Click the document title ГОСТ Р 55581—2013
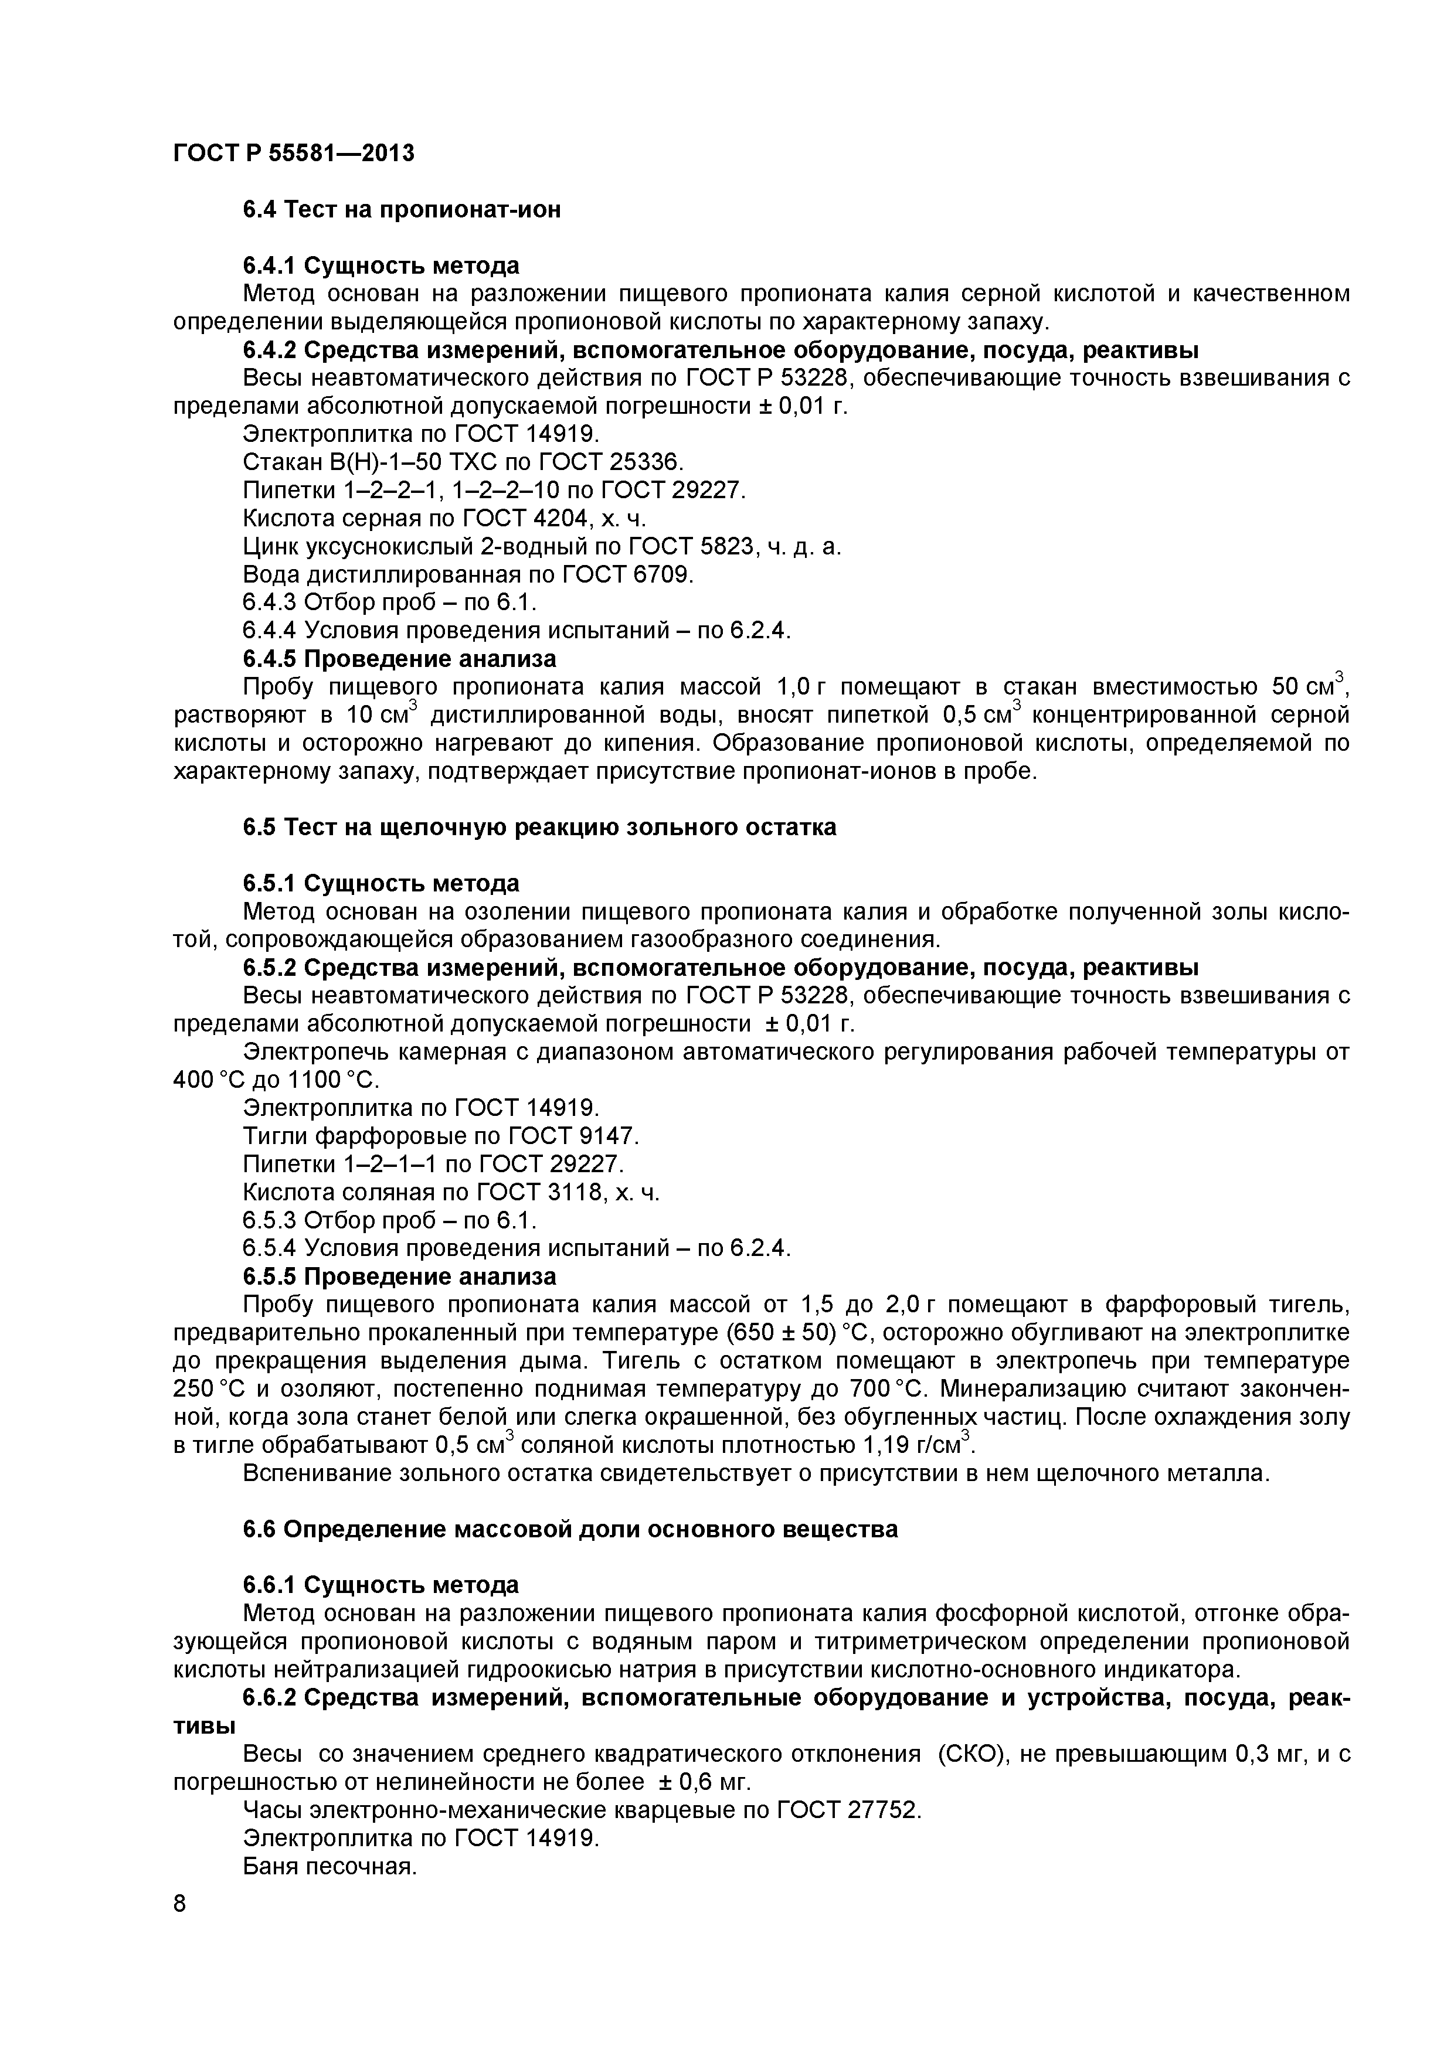click(x=293, y=153)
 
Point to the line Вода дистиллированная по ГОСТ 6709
click(x=468, y=574)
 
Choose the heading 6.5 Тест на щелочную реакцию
click(x=539, y=826)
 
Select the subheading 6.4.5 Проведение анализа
click(x=400, y=658)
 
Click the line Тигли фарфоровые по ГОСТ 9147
click(x=441, y=1136)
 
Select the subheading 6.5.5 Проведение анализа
click(x=400, y=1276)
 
